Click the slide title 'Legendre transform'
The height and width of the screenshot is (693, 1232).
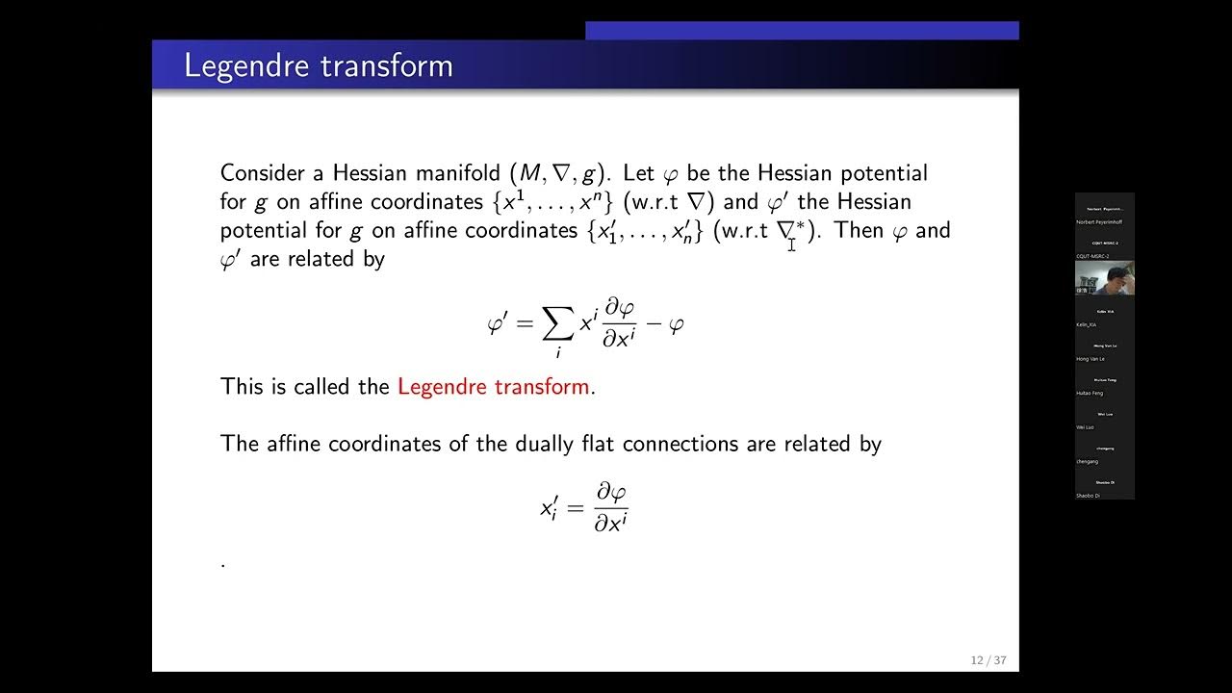(x=318, y=65)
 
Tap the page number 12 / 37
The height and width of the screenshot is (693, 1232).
(x=988, y=660)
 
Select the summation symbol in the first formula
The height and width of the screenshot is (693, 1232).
(x=557, y=326)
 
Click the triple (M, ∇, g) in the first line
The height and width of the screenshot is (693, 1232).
(x=560, y=174)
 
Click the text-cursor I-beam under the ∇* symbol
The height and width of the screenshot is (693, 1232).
(x=791, y=244)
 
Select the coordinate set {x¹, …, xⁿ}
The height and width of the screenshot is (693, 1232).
(x=555, y=202)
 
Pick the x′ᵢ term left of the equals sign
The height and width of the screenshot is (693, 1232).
(x=549, y=506)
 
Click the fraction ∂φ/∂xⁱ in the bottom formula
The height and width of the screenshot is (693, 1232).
(x=610, y=507)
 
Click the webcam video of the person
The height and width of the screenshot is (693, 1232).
(x=1104, y=277)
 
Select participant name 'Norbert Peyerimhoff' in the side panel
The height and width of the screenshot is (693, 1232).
(x=1098, y=222)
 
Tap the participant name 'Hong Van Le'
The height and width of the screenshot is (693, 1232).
(x=1091, y=359)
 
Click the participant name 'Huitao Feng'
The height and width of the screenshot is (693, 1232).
(x=1090, y=394)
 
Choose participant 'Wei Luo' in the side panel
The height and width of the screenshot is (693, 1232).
(x=1086, y=427)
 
